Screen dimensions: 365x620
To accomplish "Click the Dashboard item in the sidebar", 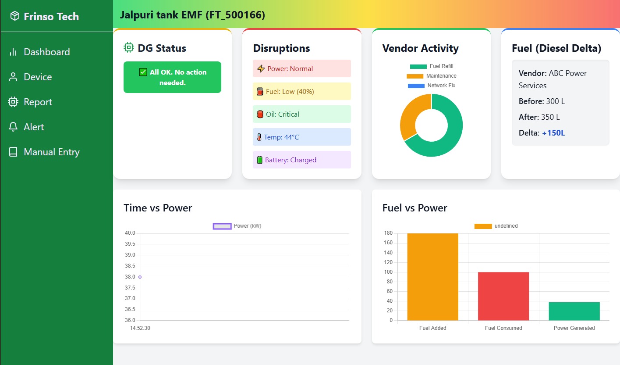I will point(46,52).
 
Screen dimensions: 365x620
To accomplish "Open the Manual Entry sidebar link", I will point(51,152).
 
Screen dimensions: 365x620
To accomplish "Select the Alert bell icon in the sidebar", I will point(13,127).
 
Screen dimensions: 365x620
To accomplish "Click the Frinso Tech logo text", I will point(51,17).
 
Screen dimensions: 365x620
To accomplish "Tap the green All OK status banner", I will point(172,77).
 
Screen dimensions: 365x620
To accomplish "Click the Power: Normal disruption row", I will point(301,68).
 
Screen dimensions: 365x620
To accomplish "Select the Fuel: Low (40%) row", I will point(301,91).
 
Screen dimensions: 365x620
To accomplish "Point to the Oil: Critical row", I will point(301,114).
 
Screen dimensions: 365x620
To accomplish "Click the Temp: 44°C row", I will point(301,137).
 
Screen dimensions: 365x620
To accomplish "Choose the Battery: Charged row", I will point(301,160).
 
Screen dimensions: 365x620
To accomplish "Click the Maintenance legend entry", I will point(432,76).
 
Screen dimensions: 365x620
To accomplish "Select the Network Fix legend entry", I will point(432,86).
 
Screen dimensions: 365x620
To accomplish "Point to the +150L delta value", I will point(553,132).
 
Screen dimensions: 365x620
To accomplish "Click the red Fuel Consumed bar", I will point(503,296).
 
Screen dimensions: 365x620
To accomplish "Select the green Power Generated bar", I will point(574,311).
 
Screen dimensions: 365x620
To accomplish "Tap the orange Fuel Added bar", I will point(432,277).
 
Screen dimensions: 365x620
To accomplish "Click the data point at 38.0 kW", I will point(140,277).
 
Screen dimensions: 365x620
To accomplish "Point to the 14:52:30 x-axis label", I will point(140,328).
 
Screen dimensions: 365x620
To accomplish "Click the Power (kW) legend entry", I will point(237,226).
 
